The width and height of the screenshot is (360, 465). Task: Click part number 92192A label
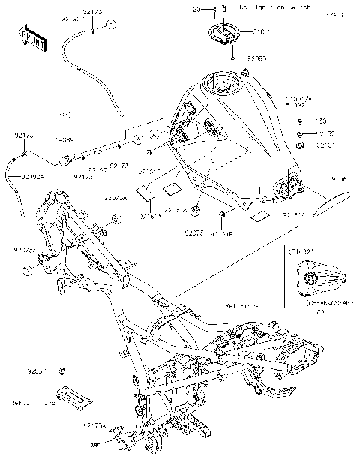(x=31, y=177)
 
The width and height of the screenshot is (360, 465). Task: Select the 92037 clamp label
(x=37, y=371)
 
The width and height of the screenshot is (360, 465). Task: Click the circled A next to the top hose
(x=110, y=25)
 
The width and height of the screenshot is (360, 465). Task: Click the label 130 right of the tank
(x=321, y=121)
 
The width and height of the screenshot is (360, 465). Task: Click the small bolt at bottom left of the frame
(x=95, y=445)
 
